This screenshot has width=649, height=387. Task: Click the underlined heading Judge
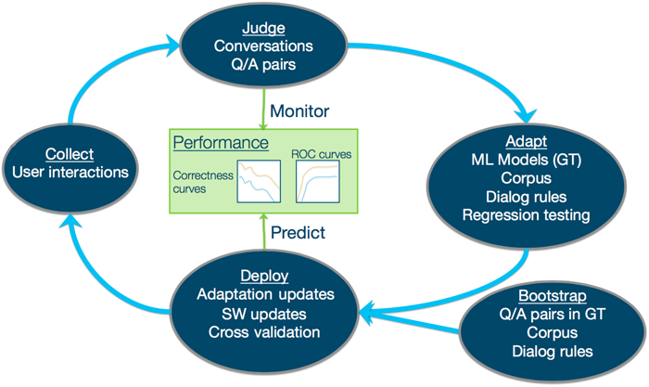click(266, 25)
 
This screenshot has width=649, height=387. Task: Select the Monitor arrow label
click(299, 111)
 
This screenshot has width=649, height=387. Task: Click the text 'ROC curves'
click(321, 151)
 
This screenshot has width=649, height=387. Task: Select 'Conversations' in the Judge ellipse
click(264, 45)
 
